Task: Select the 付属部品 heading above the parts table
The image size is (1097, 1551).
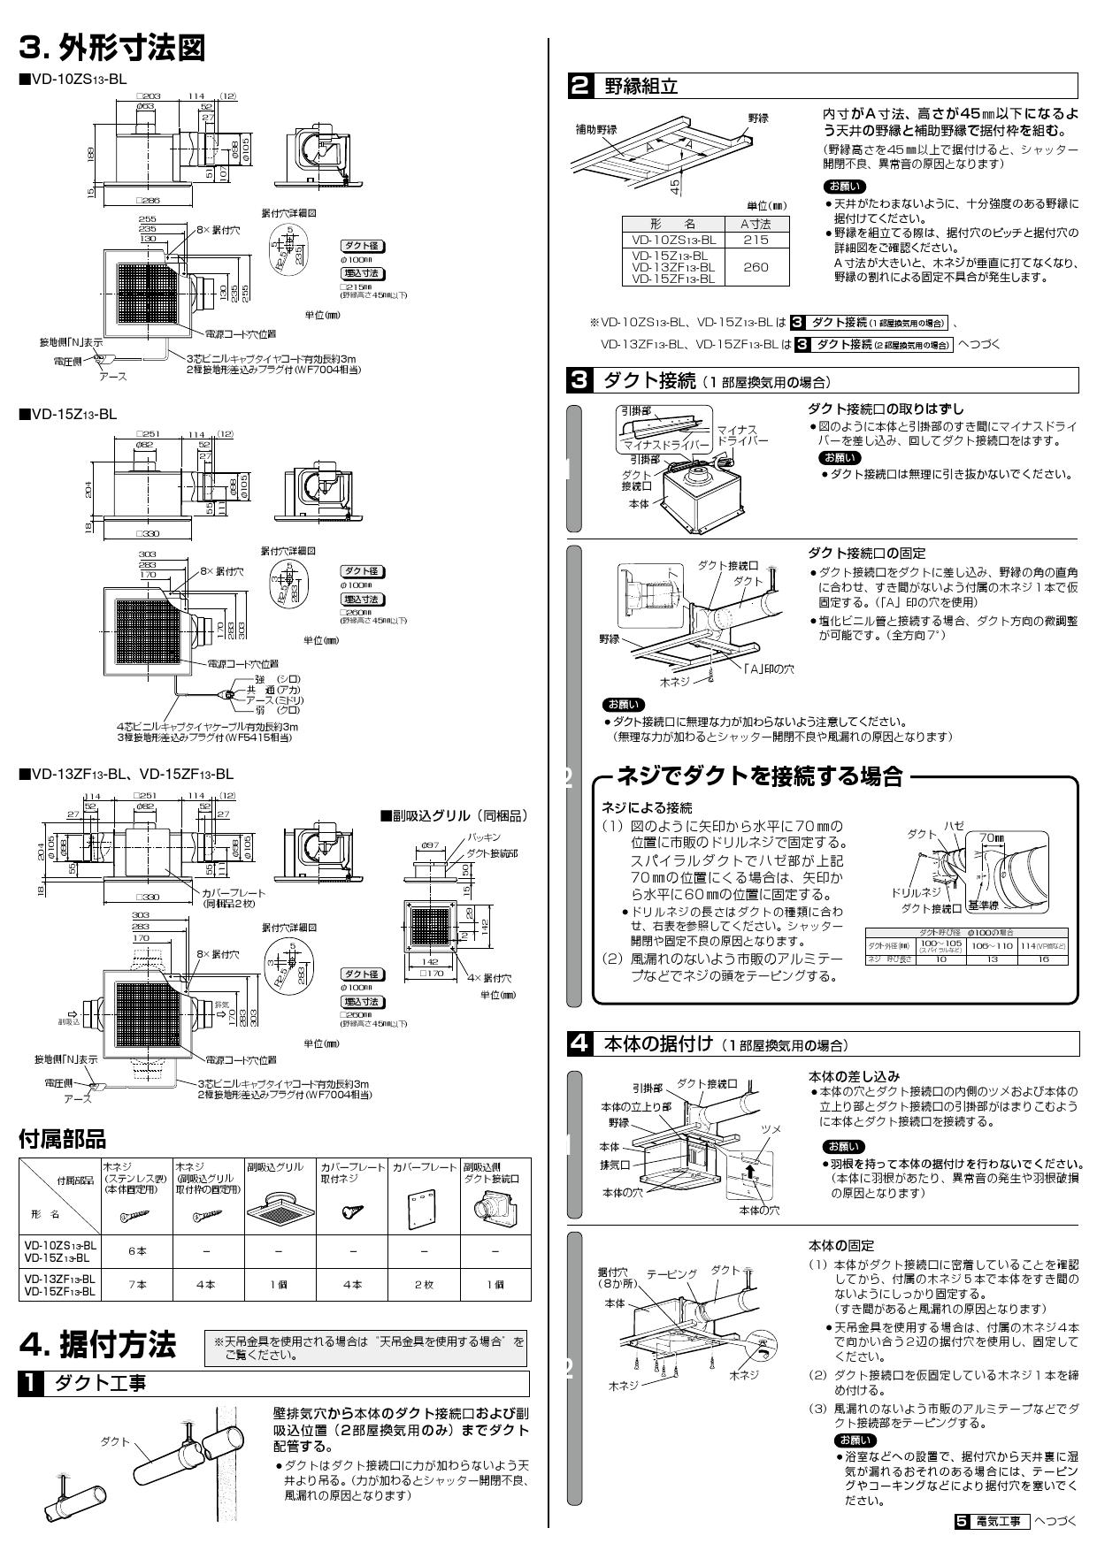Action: (x=62, y=1138)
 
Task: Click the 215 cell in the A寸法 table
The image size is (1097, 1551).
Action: (x=756, y=240)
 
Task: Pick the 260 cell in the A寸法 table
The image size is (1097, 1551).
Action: (x=756, y=266)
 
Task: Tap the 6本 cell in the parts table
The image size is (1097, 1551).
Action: (x=137, y=1251)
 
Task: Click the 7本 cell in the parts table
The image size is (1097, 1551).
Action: (x=137, y=1284)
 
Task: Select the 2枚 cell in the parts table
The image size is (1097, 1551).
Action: (x=423, y=1284)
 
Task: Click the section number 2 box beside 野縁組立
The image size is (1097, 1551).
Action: (x=579, y=87)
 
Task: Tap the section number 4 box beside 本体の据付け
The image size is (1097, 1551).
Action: (x=579, y=1043)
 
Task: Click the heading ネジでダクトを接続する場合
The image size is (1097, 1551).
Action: (x=759, y=776)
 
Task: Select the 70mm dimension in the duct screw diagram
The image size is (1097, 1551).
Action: (x=991, y=837)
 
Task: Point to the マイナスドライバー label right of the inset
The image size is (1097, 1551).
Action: (x=742, y=434)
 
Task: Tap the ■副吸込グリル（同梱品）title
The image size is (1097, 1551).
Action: (x=453, y=814)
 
